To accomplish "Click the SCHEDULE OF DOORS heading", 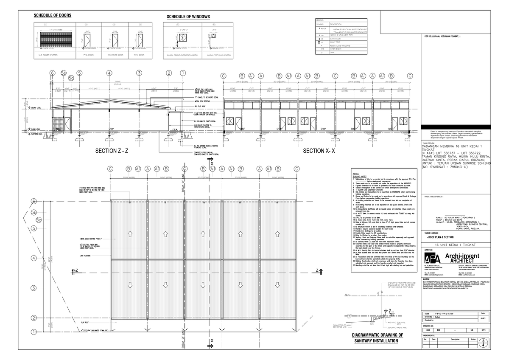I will coord(53,16).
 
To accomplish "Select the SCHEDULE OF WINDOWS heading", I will coord(188,17).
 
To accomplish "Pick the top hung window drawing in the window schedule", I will coord(214,36).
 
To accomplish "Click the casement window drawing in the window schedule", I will coord(183,38).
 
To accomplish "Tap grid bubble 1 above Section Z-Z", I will coord(183,73).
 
